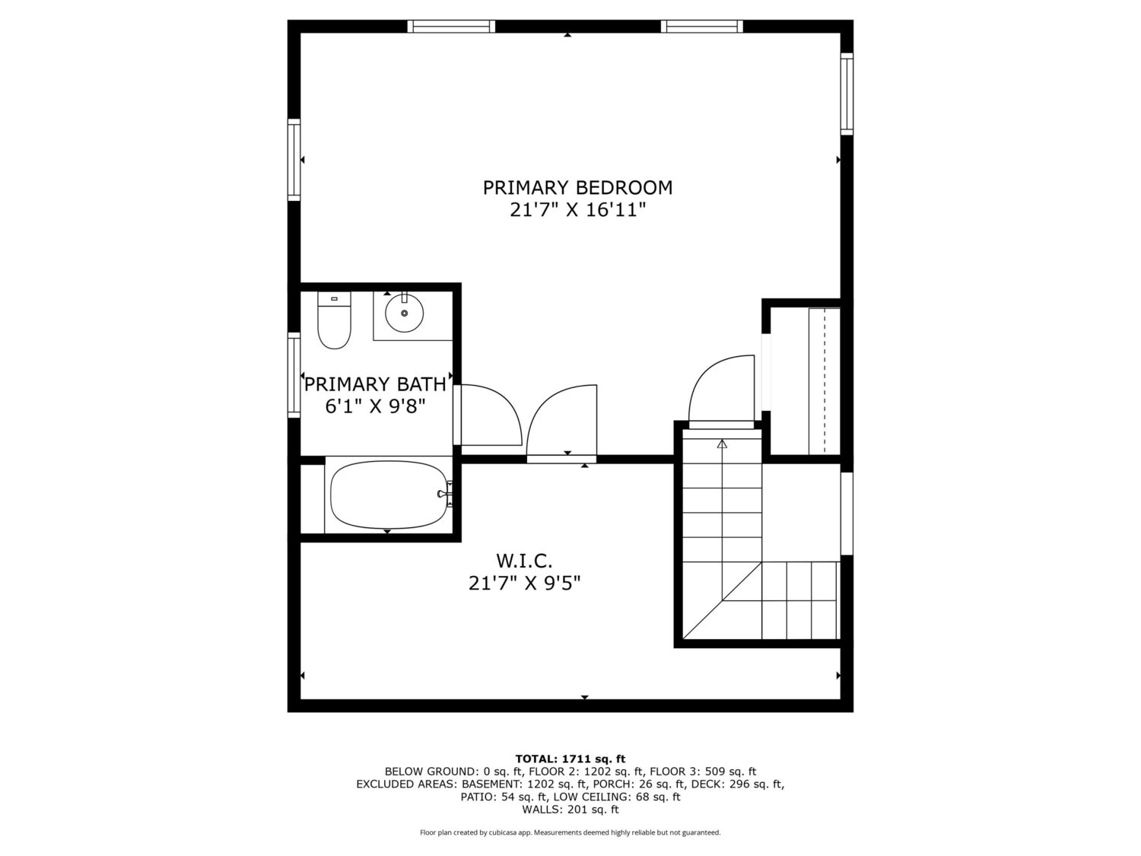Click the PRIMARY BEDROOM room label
[x=577, y=188]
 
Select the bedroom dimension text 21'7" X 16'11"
[x=577, y=210]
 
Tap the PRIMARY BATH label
[x=375, y=384]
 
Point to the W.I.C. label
[x=524, y=561]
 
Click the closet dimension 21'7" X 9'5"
[x=524, y=583]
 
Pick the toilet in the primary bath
[x=334, y=320]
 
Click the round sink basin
[x=404, y=313]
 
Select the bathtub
[x=388, y=495]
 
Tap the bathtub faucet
[x=446, y=493]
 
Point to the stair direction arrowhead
[x=722, y=444]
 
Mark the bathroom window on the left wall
[x=294, y=374]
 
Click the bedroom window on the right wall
[x=847, y=94]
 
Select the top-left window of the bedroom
[x=450, y=26]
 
